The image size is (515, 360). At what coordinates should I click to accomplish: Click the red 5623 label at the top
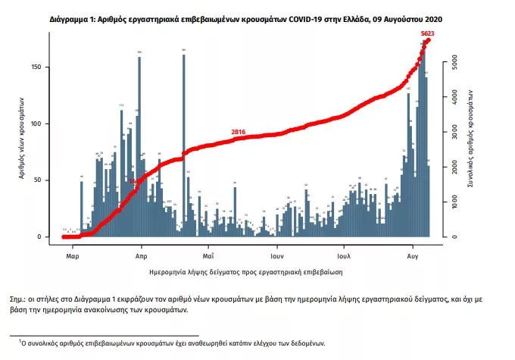[432, 33]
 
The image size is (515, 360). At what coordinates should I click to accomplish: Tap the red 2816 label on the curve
[239, 132]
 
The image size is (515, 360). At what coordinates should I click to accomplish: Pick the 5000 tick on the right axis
[454, 64]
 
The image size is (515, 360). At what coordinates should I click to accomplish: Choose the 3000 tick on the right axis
[454, 133]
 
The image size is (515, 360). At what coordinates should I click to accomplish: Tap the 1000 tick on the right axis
[454, 202]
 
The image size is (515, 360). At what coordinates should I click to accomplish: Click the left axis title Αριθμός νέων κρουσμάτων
[24, 137]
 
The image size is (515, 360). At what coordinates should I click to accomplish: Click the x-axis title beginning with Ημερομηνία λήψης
[244, 269]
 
